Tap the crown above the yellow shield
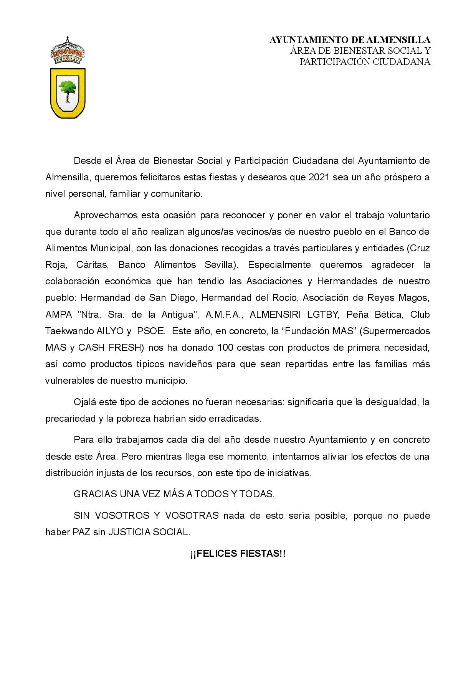(68, 51)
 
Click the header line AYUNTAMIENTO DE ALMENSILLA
(350, 40)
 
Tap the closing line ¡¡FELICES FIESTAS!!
(238, 554)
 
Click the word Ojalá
(85, 402)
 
